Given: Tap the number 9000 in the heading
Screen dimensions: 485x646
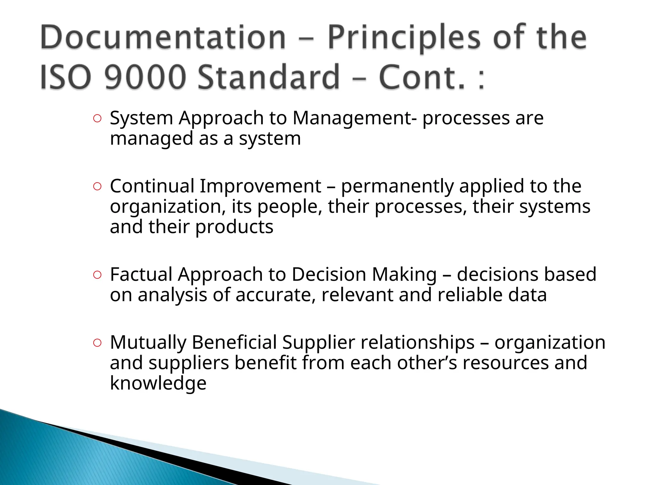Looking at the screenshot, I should [144, 77].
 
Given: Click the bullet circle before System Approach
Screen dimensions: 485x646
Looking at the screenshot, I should [97, 119].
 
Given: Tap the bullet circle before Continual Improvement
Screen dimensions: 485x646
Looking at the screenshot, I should [97, 187].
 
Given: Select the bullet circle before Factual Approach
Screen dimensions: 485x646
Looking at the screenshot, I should [97, 275].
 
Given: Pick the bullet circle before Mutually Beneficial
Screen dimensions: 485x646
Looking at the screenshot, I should [97, 343].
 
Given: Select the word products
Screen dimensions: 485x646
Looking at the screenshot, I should [234, 227].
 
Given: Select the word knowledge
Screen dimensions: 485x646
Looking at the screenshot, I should [158, 383].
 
